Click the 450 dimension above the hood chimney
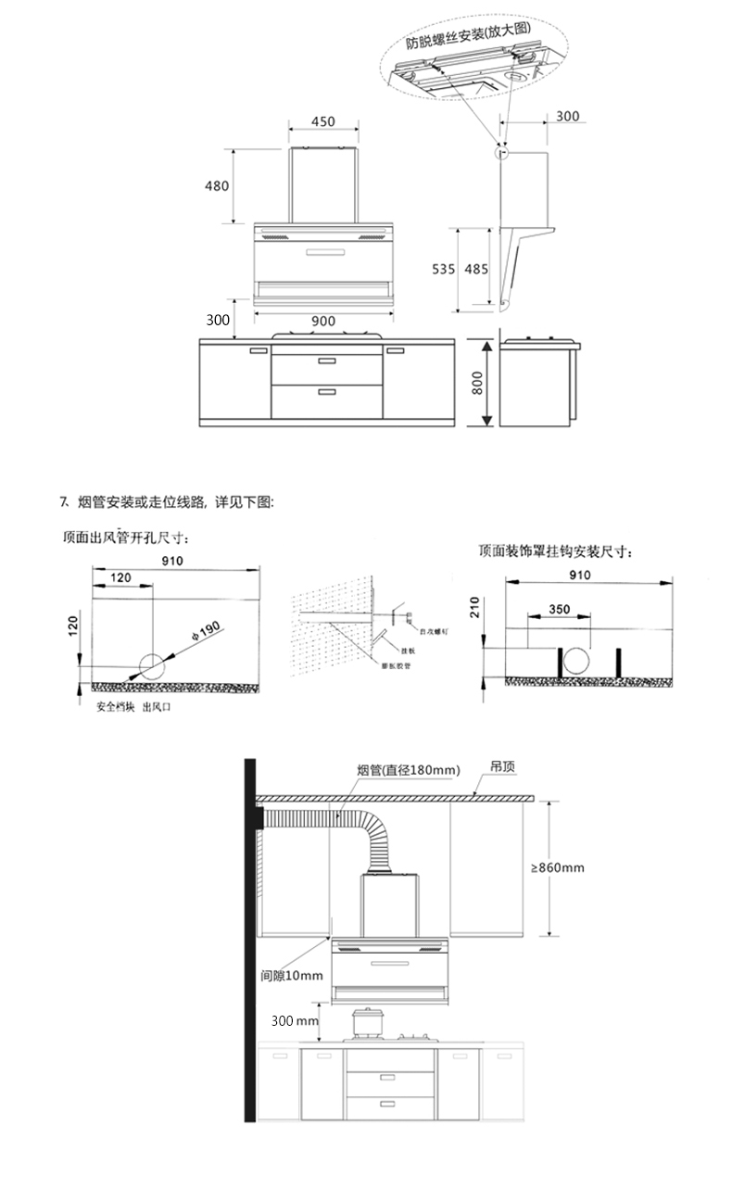pos(322,121)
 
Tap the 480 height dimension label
pos(216,185)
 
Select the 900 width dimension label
pos(323,321)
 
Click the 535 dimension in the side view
pos(443,269)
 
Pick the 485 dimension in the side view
pos(476,269)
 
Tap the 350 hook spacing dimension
pos(559,610)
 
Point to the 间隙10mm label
pos(292,976)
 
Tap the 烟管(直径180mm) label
pos(408,770)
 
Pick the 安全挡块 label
pos(115,705)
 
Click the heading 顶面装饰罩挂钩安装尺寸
pos(556,550)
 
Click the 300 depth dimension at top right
pos(567,116)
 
